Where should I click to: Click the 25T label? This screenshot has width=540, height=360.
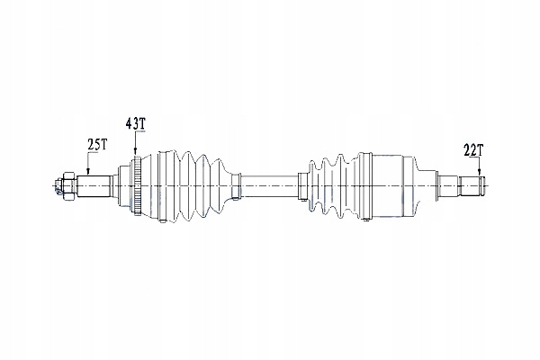click(97, 145)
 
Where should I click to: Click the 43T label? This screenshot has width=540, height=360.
click(135, 123)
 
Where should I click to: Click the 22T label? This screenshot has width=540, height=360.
click(473, 150)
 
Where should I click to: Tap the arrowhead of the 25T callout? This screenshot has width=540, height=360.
click(88, 171)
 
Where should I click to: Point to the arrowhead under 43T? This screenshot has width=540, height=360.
click(135, 150)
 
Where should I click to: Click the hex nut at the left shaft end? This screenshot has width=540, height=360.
click(68, 186)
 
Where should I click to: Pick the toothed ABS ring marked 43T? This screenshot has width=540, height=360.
click(138, 186)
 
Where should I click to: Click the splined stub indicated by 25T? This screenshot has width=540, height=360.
click(94, 186)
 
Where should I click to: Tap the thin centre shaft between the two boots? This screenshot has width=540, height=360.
click(269, 186)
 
